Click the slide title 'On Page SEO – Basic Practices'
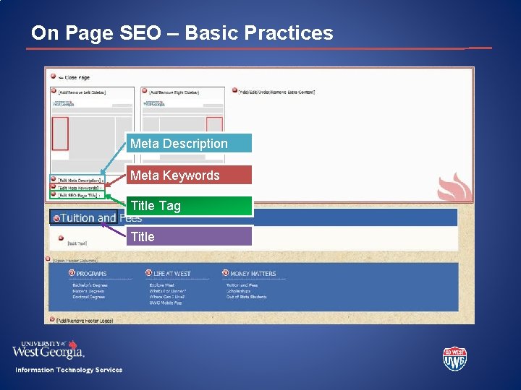(x=182, y=33)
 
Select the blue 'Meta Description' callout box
(x=189, y=144)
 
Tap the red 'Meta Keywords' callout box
(x=189, y=175)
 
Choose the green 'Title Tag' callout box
(x=189, y=206)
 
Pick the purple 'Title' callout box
(x=189, y=237)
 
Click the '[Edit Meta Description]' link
(x=79, y=180)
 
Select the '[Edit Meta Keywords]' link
(x=77, y=187)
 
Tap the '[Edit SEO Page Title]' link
(x=77, y=195)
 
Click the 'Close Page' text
(x=77, y=77)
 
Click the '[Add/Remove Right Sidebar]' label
(x=176, y=92)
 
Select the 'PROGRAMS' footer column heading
(x=91, y=274)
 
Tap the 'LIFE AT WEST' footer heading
(x=171, y=274)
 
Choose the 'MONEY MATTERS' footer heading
(x=253, y=274)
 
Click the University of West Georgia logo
(x=48, y=350)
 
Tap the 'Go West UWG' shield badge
(x=454, y=359)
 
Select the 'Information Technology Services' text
(x=69, y=370)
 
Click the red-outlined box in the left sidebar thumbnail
(x=60, y=134)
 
